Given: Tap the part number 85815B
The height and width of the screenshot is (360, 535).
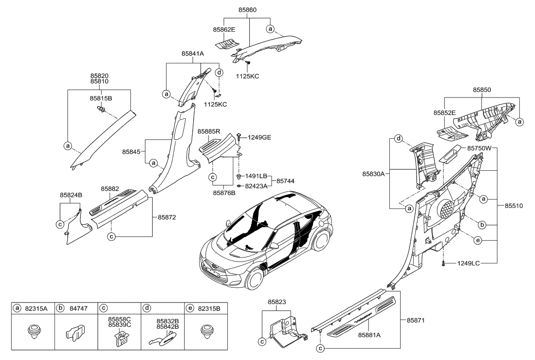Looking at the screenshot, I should pyautogui.click(x=101, y=99).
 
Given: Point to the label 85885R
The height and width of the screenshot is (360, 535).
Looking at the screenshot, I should pyautogui.click(x=209, y=132).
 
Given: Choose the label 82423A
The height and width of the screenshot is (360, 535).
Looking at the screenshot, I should pyautogui.click(x=256, y=186).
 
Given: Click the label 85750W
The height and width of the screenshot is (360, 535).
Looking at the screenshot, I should pyautogui.click(x=479, y=148).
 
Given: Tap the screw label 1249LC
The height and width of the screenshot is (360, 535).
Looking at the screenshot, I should pyautogui.click(x=469, y=263).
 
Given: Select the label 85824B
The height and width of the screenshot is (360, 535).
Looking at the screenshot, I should pyautogui.click(x=71, y=195).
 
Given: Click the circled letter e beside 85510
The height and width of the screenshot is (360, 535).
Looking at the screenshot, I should pyautogui.click(x=478, y=241).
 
